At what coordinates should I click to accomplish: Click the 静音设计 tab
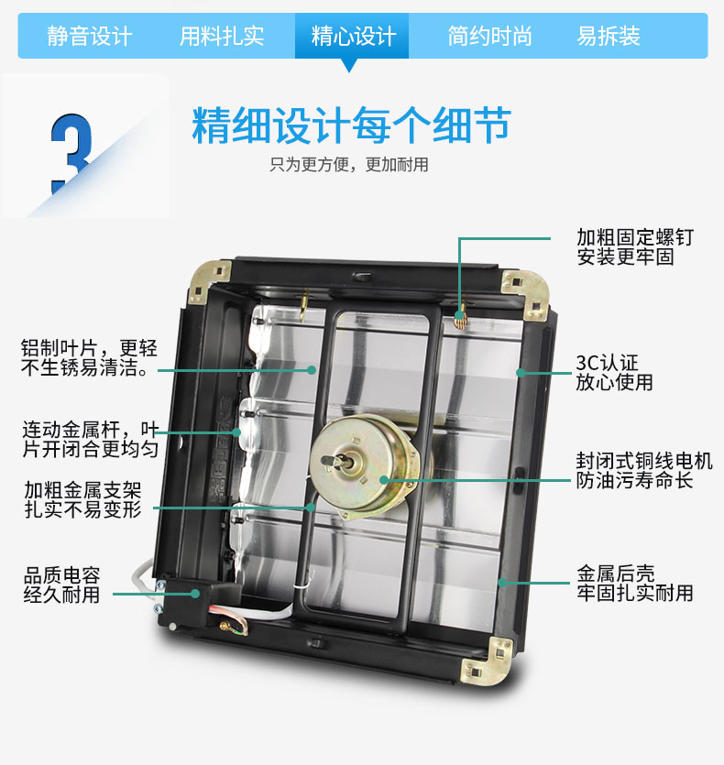pos(89,37)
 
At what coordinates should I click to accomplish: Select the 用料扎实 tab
pos(222,37)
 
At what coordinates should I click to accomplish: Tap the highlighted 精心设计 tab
pos(353,37)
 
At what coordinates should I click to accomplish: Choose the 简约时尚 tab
pos(489,37)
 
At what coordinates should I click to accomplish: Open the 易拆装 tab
pos(609,37)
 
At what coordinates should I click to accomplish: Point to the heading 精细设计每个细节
pos(352,126)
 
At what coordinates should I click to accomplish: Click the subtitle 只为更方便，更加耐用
pos(349,165)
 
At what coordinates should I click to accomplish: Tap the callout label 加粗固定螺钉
pos(635,237)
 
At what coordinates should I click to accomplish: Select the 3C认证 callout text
pos(607,363)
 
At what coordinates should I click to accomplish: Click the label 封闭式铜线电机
pos(644,461)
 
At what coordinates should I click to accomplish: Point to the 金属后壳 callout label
pos(616,574)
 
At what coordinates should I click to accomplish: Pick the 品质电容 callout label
pos(62,575)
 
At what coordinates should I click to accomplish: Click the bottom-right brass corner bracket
pos(488,661)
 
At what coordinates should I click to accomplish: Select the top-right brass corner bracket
pos(526,295)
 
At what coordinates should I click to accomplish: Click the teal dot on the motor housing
pos(384,480)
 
